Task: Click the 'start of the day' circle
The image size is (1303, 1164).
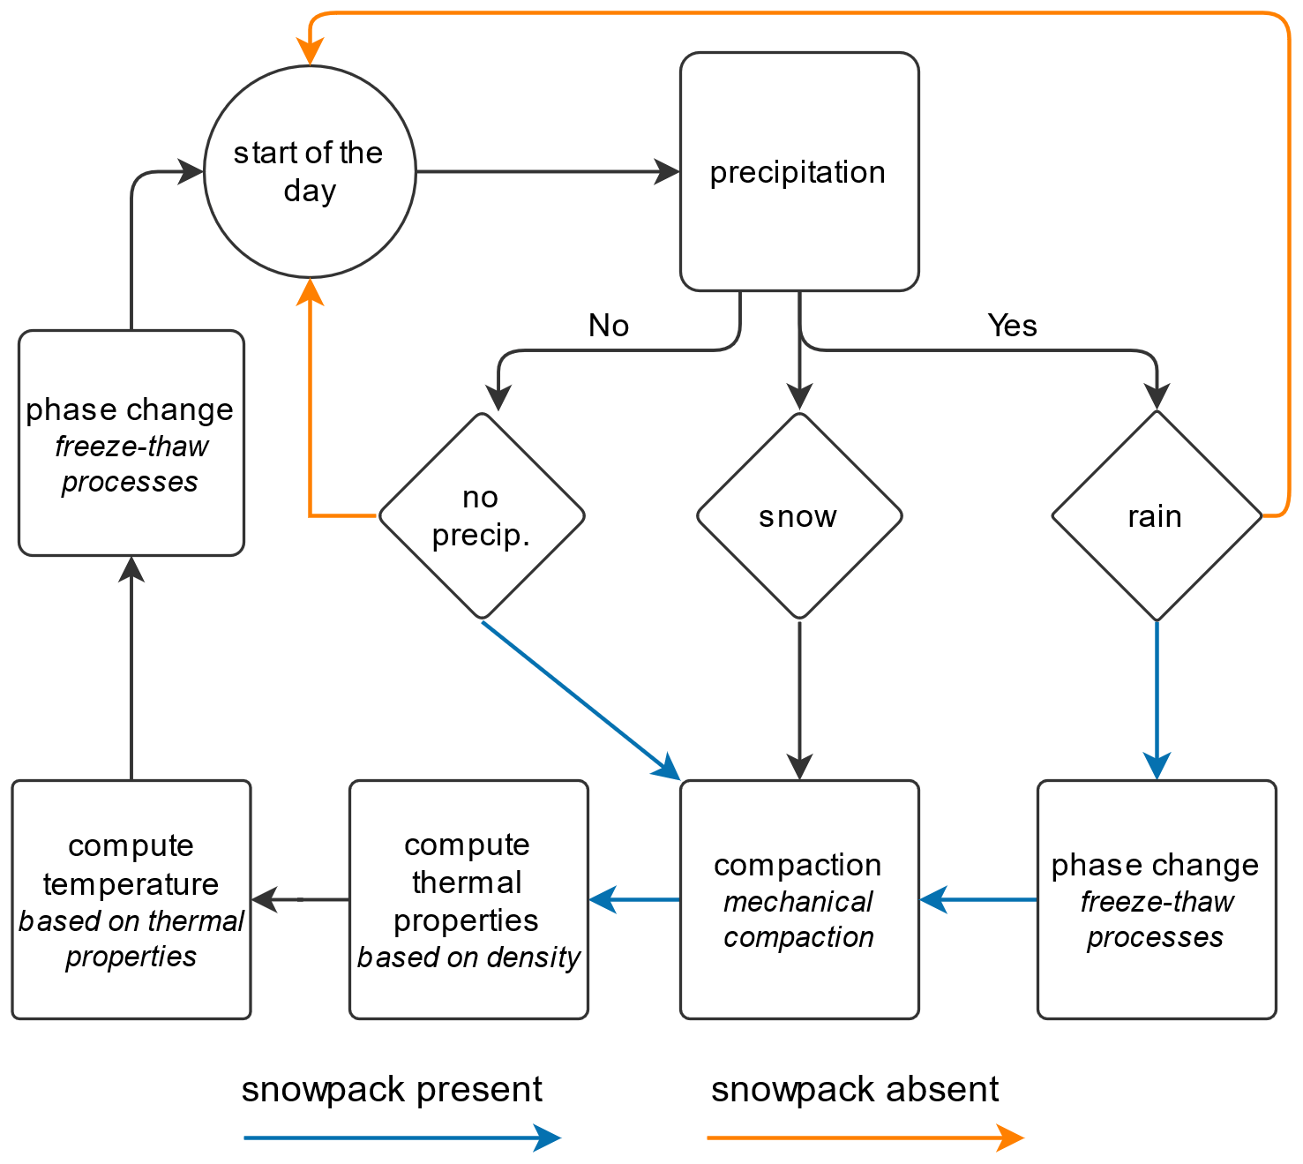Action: [310, 172]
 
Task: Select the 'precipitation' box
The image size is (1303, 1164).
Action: [799, 172]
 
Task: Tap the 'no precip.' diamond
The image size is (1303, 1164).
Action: [482, 515]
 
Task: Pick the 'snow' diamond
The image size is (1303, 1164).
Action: [799, 515]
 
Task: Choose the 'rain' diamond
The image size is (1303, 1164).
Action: [1157, 515]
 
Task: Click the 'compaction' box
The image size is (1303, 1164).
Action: [799, 899]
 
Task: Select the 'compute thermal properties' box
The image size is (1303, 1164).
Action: [468, 899]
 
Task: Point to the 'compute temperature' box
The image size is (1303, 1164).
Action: [131, 899]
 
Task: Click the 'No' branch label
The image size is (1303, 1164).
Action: [609, 326]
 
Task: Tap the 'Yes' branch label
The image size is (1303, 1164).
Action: [1013, 326]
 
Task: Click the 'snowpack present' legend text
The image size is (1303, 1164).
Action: [392, 1090]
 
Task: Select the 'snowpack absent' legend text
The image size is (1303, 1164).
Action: [855, 1090]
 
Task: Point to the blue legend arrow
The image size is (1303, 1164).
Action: [401, 1138]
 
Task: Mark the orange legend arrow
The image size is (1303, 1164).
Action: [865, 1138]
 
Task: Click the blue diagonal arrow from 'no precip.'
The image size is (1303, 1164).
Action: [578, 698]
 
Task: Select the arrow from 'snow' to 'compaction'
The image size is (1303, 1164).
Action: [799, 697]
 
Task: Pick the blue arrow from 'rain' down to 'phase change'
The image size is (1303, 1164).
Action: [1157, 697]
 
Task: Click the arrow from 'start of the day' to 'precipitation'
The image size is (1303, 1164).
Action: [547, 172]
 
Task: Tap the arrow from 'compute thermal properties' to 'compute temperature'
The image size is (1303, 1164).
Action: [301, 899]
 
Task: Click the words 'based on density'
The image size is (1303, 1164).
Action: [468, 957]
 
